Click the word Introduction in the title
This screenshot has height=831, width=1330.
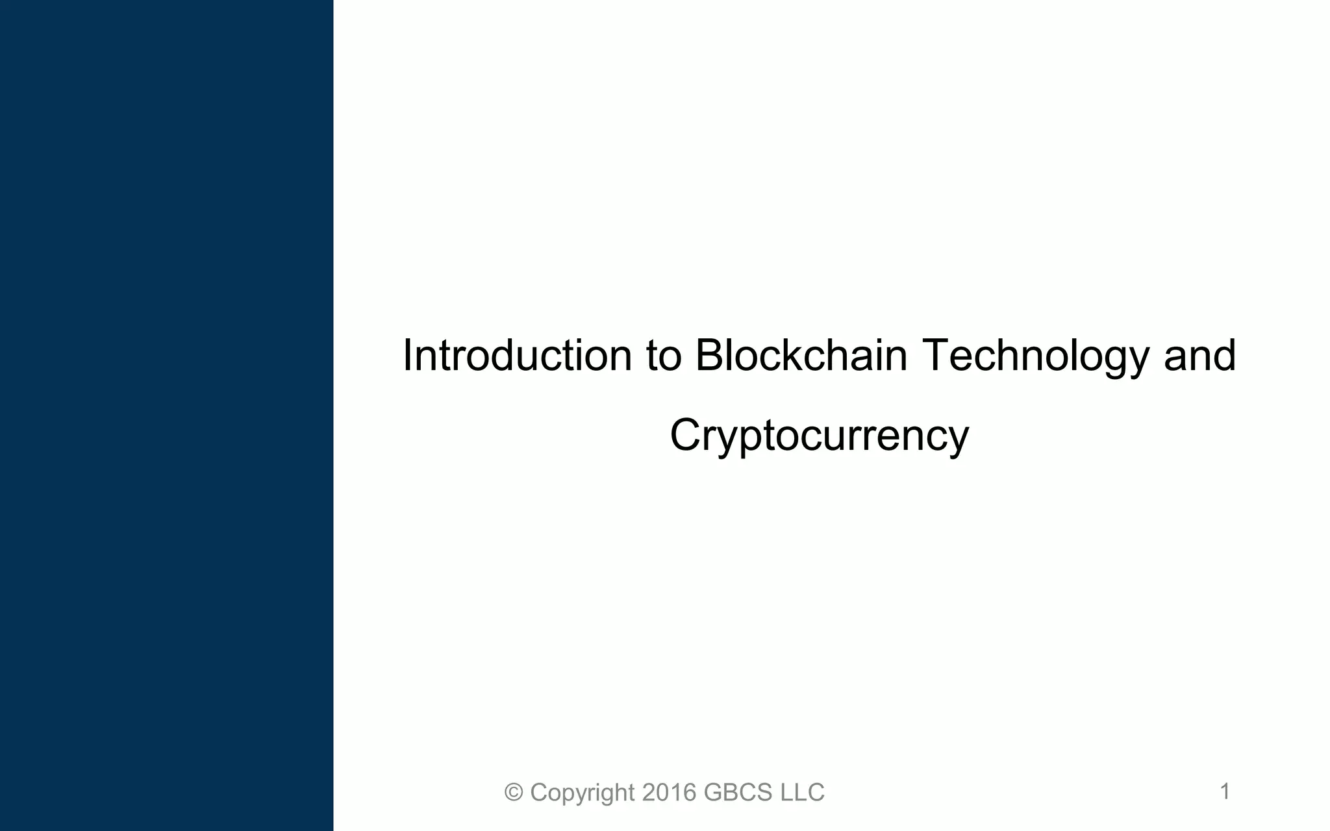[x=517, y=356]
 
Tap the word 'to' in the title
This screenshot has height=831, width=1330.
[x=664, y=356]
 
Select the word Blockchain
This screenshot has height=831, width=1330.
[x=801, y=356]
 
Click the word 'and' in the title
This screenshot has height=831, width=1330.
[x=1199, y=356]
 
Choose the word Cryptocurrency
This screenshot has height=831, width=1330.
[x=819, y=436]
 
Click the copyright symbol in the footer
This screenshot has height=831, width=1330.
[x=514, y=793]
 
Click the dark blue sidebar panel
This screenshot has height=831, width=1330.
[x=166, y=415]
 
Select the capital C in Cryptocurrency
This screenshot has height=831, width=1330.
[x=686, y=436]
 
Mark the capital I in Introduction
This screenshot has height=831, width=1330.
[x=407, y=356]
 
